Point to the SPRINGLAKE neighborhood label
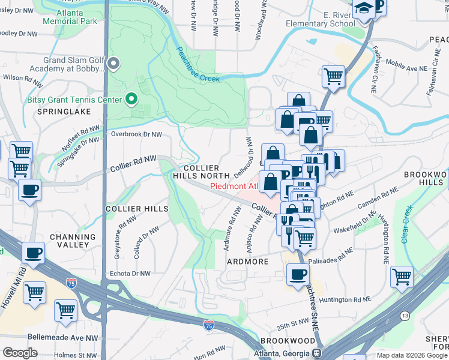[64, 112]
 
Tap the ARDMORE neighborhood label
[246, 262]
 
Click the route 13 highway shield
[405, 316]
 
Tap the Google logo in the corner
[20, 353]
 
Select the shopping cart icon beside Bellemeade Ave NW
[65, 310]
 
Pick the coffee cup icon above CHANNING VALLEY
[35, 252]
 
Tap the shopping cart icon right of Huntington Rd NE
[402, 277]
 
